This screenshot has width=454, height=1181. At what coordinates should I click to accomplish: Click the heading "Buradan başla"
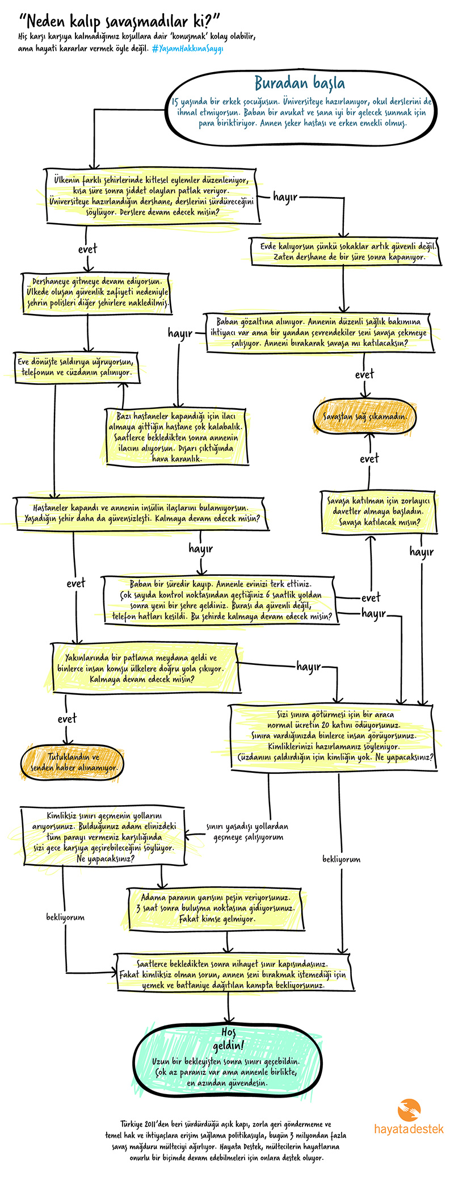299,83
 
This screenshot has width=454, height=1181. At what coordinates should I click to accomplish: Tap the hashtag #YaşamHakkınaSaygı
187,49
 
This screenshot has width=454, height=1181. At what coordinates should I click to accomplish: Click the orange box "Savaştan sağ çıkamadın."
365,416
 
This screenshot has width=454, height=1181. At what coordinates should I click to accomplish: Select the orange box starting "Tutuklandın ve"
73,762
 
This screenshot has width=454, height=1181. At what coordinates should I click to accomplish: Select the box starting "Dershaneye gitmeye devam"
97,292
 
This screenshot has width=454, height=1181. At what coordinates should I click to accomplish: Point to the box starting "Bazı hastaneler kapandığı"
176,437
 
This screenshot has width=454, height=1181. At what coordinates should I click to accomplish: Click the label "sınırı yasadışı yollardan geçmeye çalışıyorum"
247,832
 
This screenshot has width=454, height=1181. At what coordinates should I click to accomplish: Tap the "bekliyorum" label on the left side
65,917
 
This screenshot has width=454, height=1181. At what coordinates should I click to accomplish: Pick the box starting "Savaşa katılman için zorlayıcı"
379,511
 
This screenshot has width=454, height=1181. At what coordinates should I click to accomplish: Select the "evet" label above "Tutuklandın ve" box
67,719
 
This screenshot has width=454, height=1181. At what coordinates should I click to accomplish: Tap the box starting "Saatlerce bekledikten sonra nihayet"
232,974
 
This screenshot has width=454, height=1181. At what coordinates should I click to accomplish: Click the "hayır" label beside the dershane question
285,197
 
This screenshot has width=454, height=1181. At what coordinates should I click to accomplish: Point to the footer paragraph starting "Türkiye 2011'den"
226,1141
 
